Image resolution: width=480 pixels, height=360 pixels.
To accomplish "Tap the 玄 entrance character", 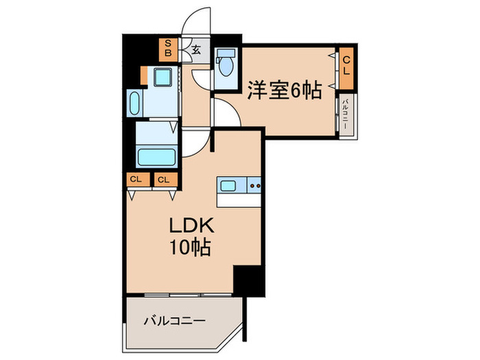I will [x=196, y=49].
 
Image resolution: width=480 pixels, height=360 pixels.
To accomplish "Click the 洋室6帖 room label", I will [x=285, y=90].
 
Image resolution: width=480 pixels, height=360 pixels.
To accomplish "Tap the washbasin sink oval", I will [x=135, y=105].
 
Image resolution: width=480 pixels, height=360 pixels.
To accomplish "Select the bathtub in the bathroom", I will [x=157, y=156].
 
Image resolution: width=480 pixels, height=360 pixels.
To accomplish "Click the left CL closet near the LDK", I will [x=135, y=180].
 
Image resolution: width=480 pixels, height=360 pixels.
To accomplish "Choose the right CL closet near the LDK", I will [x=164, y=180].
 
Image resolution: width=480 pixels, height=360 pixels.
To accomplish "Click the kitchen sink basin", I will [x=228, y=185].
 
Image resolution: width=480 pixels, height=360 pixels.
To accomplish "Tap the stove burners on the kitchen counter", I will [x=254, y=185].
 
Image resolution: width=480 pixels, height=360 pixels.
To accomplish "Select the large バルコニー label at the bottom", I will [x=173, y=320].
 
